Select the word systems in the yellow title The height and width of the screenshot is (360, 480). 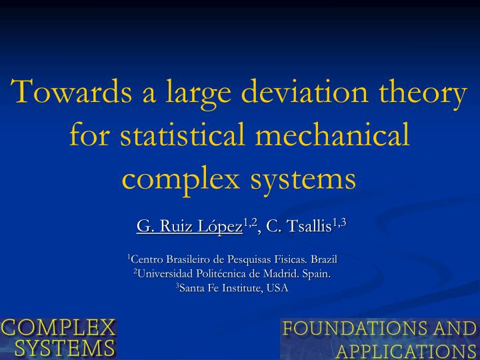[x=303, y=179]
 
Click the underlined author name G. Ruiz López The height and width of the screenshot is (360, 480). [x=189, y=227]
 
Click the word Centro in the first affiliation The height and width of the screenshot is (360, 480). [x=146, y=259]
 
